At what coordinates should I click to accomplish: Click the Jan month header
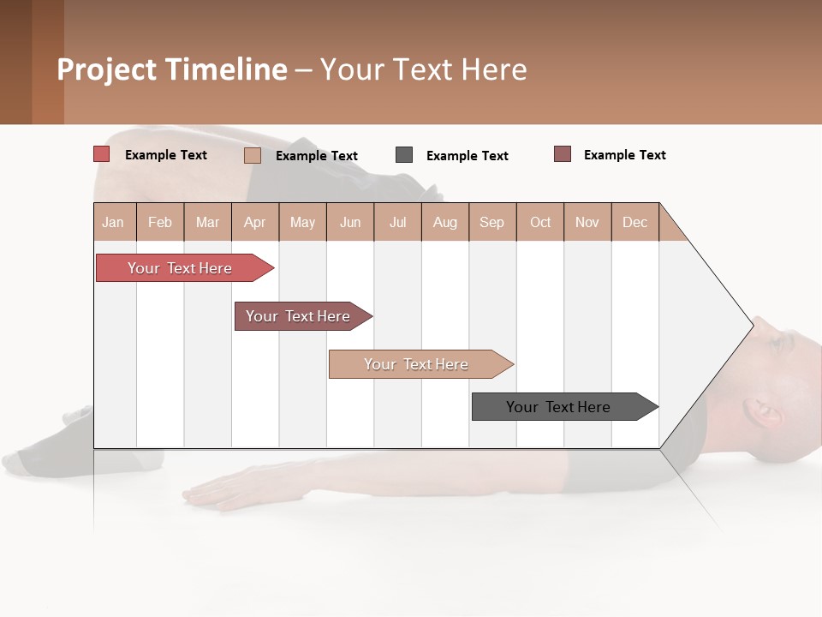tap(113, 222)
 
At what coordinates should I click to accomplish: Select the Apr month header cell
tap(254, 222)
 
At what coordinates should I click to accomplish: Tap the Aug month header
tap(444, 222)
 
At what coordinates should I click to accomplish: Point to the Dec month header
tap(634, 222)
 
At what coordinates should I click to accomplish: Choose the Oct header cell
tap(540, 222)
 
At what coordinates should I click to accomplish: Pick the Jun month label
tap(350, 222)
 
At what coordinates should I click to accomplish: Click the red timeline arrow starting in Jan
tap(180, 268)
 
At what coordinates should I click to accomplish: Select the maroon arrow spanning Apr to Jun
tap(298, 316)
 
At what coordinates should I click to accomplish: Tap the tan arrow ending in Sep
tap(416, 364)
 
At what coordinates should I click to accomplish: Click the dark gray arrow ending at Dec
tap(558, 407)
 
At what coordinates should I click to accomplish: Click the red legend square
tap(101, 154)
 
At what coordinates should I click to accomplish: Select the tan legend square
tap(252, 155)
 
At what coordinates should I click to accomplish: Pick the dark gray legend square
tap(403, 155)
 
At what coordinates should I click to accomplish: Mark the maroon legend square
tap(562, 154)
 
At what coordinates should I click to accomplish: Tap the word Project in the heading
tap(106, 69)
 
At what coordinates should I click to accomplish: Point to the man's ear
tap(765, 414)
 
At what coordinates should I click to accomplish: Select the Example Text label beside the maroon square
tap(624, 155)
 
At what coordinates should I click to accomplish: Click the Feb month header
tap(160, 222)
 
